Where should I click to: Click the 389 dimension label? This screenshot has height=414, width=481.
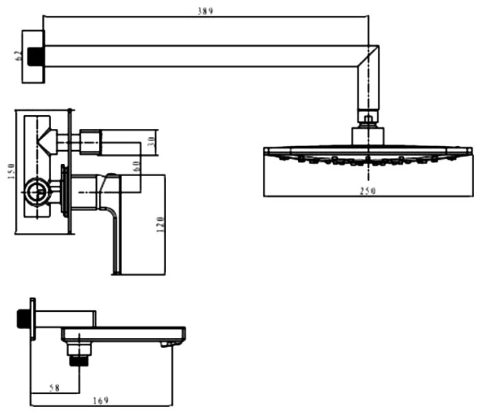click(x=205, y=12)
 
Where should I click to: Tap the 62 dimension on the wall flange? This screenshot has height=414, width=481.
click(x=18, y=56)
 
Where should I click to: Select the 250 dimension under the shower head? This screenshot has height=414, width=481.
click(x=368, y=191)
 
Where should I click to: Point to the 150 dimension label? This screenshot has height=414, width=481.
click(x=11, y=171)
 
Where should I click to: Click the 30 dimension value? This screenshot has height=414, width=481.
click(x=152, y=141)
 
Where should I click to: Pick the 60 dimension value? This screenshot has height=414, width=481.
click(x=137, y=166)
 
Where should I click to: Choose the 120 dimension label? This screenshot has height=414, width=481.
click(x=161, y=224)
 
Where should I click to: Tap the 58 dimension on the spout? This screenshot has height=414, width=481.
click(x=54, y=388)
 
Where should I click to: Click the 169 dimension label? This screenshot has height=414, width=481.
click(x=101, y=400)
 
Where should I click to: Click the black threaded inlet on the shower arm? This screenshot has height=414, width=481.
click(x=35, y=56)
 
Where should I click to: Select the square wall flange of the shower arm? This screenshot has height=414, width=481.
click(x=33, y=56)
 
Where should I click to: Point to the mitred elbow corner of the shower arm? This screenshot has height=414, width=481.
click(x=368, y=56)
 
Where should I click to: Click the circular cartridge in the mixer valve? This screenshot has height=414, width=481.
click(x=38, y=192)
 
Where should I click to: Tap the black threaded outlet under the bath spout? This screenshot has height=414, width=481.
click(x=79, y=361)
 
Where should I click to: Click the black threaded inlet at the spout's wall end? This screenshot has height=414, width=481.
click(x=23, y=319)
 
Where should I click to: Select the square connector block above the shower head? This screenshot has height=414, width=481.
click(x=368, y=136)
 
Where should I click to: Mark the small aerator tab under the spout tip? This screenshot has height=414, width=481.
click(x=165, y=345)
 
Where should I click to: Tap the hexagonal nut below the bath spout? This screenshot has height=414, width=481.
click(x=79, y=350)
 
